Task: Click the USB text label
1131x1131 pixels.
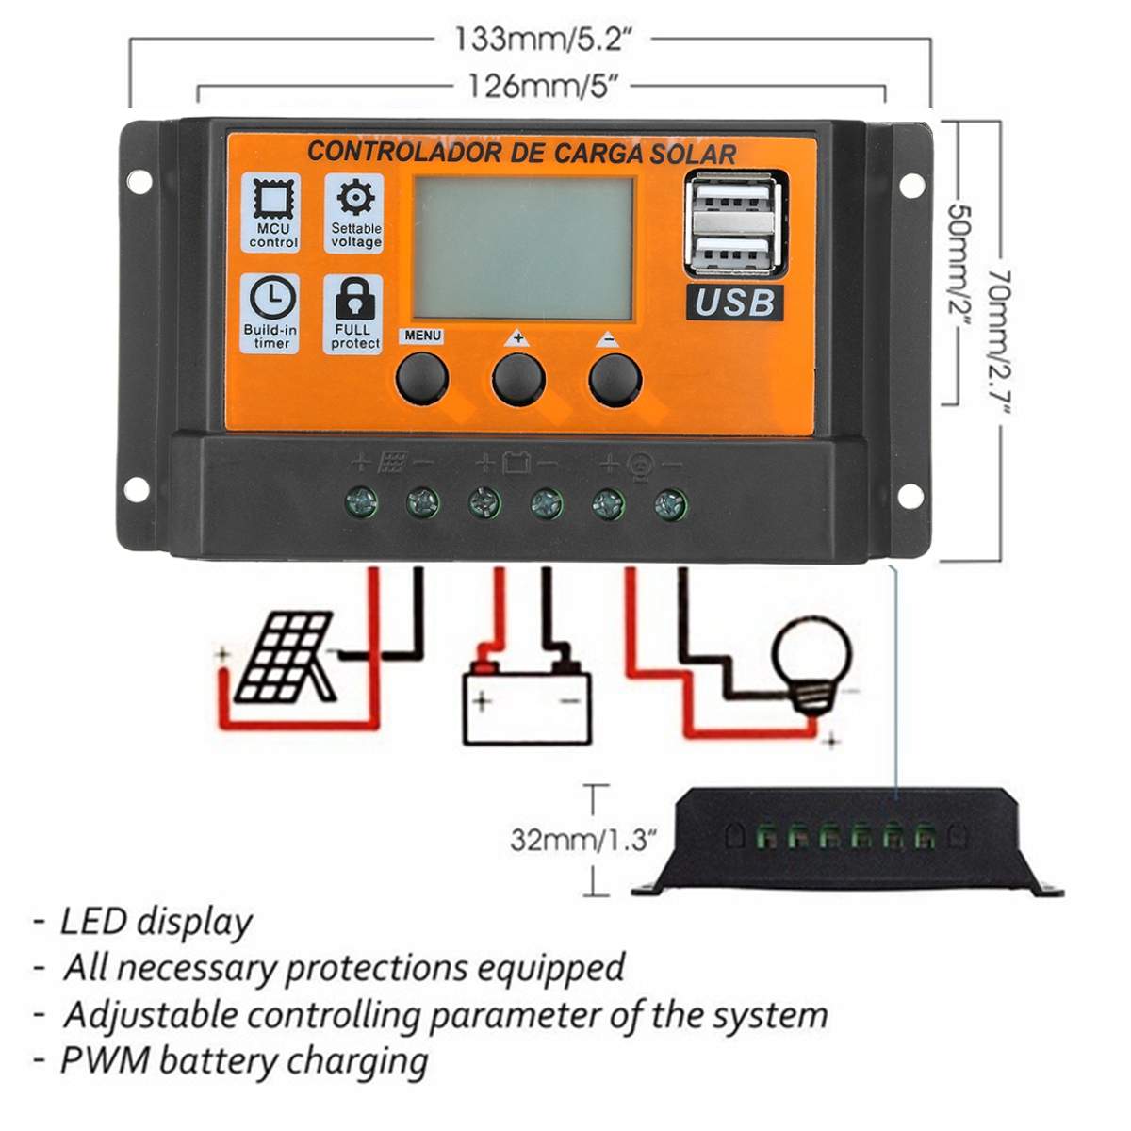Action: tap(734, 303)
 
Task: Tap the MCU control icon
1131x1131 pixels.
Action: tap(273, 199)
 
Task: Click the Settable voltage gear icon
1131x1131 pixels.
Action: tap(355, 199)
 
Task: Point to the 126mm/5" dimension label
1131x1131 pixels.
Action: tap(542, 87)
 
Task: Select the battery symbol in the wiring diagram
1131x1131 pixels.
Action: tap(527, 703)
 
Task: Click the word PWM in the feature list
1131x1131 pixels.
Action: tap(105, 1059)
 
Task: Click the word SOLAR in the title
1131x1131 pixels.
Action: tap(691, 155)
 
